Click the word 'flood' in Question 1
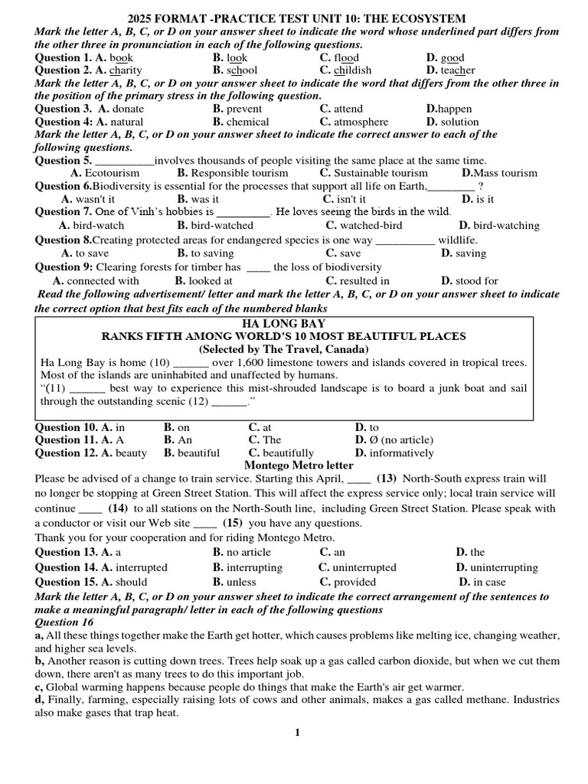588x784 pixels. pos(346,57)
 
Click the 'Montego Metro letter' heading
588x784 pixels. pos(299,465)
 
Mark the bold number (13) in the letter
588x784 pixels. pos(386,479)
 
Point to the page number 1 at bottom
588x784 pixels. pos(298,733)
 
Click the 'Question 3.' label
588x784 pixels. pos(64,109)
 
